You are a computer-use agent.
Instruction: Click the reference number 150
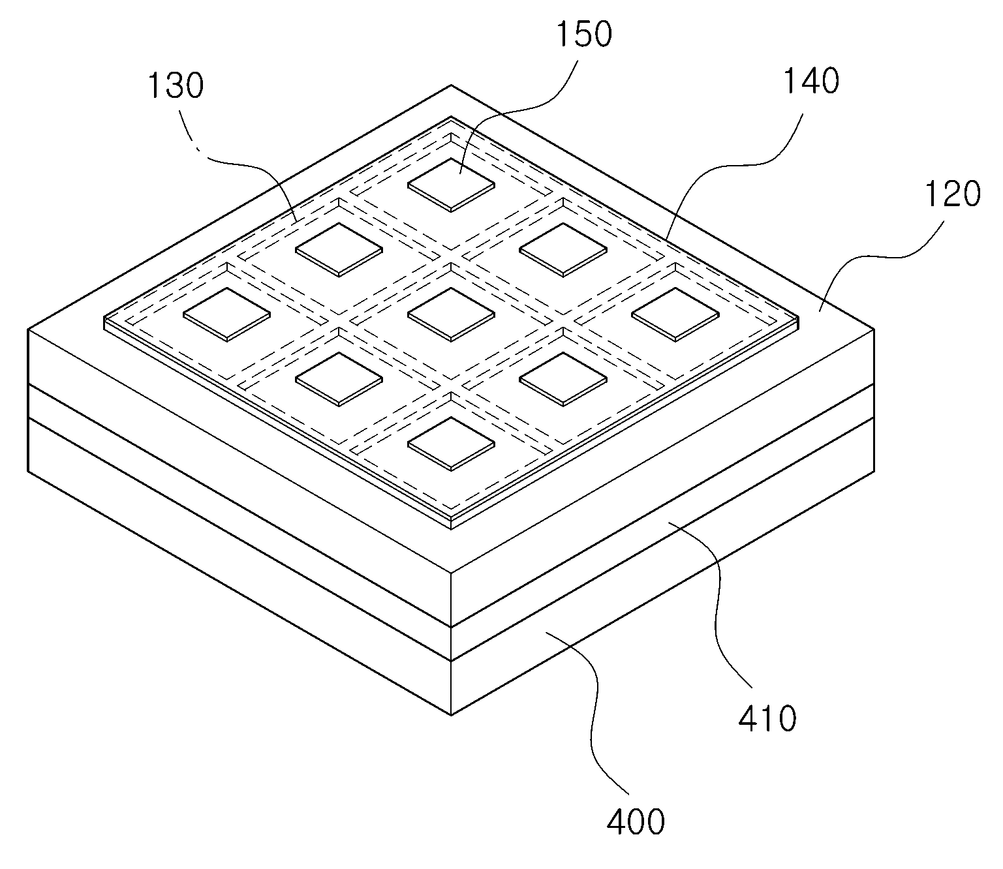(583, 35)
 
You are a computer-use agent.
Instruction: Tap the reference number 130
(175, 85)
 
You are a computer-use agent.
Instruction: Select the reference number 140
(811, 80)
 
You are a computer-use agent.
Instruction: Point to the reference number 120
(953, 194)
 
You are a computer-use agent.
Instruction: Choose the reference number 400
(636, 822)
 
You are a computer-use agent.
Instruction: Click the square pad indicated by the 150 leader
(452, 185)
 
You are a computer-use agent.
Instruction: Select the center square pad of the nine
(452, 314)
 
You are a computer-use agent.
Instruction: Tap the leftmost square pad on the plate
(227, 314)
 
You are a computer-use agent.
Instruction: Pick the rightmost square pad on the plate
(675, 314)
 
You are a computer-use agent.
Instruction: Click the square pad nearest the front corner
(452, 444)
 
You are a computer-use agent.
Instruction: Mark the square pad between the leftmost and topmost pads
(339, 250)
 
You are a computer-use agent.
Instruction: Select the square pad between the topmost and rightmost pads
(563, 250)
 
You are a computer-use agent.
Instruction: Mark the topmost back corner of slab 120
(452, 85)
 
